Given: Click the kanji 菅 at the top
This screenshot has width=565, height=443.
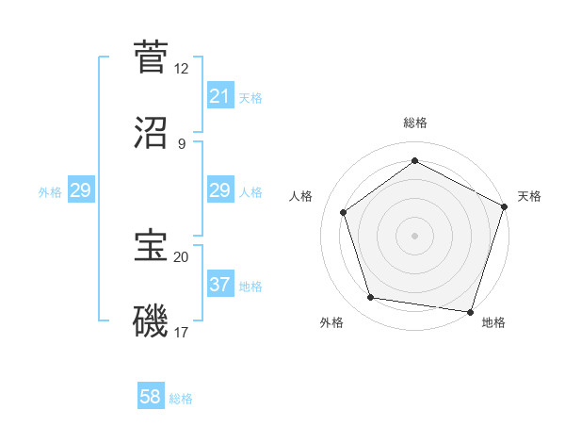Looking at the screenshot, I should (151, 57).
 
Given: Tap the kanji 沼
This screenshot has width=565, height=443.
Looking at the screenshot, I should (151, 133).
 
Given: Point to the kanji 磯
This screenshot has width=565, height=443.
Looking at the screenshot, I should (151, 321).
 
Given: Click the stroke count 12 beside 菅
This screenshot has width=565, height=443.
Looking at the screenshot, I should (181, 69).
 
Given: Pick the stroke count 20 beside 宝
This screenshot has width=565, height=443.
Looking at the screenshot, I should (181, 256).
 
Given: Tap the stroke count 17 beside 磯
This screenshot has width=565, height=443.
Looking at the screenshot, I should (181, 332).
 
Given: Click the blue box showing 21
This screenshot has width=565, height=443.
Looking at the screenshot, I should (219, 96).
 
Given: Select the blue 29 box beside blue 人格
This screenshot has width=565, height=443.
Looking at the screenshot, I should (219, 190).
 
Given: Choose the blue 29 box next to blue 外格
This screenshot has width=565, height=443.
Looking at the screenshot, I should (81, 190).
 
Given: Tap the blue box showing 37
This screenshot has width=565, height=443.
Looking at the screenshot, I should (219, 284).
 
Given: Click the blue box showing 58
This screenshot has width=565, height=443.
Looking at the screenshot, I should (151, 397).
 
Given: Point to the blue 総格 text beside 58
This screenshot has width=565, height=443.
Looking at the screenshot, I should (181, 399).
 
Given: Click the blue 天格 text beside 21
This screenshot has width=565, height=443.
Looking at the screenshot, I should (250, 98).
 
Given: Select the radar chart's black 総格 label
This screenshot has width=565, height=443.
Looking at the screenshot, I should (414, 123).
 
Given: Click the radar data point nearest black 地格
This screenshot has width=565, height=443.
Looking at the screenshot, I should (470, 311).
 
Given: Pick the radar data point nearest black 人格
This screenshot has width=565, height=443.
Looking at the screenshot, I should (344, 212).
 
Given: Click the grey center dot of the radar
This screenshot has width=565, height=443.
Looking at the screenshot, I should (414, 235).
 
